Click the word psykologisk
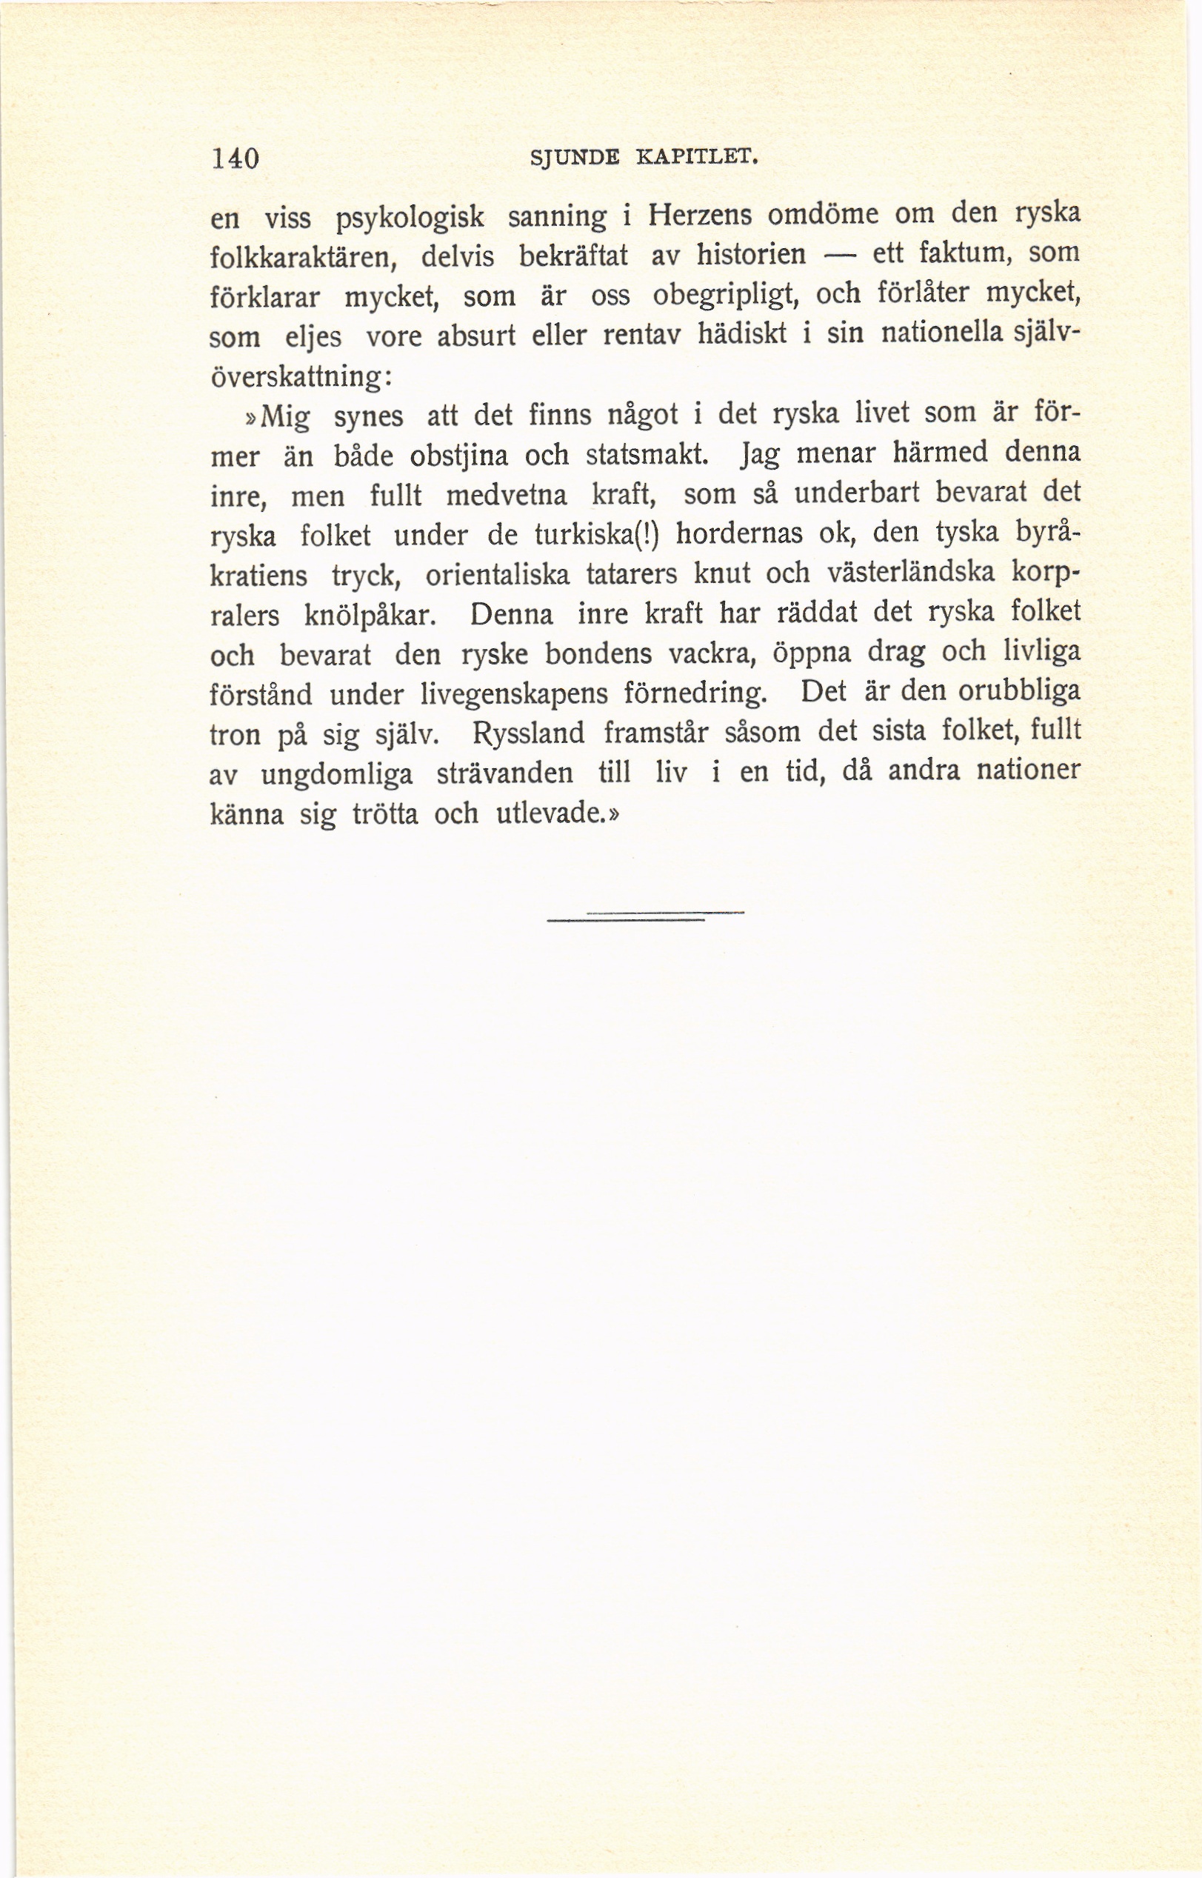click(x=410, y=220)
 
